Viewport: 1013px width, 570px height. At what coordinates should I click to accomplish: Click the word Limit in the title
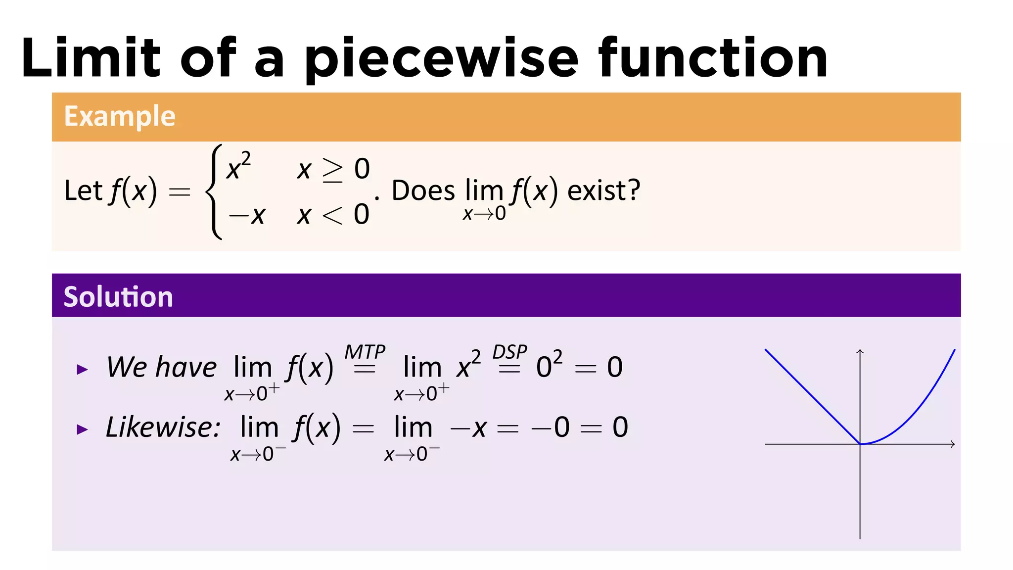(x=91, y=58)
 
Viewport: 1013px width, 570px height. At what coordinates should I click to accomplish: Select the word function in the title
(x=713, y=58)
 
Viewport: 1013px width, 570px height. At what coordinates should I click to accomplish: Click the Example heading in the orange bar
(x=120, y=116)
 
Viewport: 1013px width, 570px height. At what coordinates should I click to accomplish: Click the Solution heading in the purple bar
(x=118, y=297)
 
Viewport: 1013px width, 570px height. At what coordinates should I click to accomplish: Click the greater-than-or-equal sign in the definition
(x=332, y=170)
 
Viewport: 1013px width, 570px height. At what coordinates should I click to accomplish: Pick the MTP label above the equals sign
(x=365, y=352)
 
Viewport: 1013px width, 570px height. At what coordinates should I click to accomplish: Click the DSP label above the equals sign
(x=509, y=352)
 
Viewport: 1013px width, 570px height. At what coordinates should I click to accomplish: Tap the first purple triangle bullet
(x=82, y=369)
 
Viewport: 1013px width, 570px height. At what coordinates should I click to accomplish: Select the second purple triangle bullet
(x=82, y=429)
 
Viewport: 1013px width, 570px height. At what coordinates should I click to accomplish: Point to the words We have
(x=161, y=367)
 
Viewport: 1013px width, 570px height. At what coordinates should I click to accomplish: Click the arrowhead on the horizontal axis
(x=952, y=444)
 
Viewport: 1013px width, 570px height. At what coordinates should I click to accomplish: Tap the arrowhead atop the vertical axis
(x=860, y=351)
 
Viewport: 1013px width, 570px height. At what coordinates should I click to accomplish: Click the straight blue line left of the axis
(x=811, y=395)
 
